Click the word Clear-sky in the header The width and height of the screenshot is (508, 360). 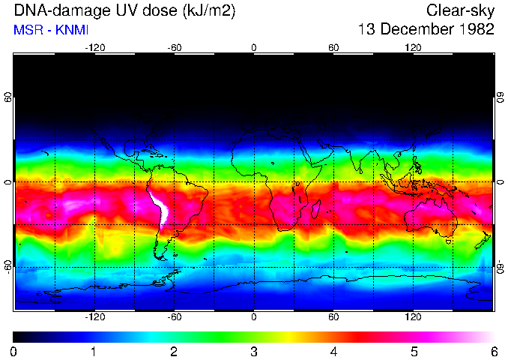(460, 10)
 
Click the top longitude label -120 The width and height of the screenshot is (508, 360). (94, 48)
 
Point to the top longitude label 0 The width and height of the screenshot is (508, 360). (254, 48)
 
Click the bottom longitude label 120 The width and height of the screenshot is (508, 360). (414, 317)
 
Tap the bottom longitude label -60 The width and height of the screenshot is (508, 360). (174, 317)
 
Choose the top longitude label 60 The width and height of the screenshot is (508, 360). (333, 48)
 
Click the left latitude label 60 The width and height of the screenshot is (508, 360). (7, 97)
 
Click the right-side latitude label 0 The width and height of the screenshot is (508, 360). (500, 182)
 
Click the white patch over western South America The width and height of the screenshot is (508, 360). (160, 209)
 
